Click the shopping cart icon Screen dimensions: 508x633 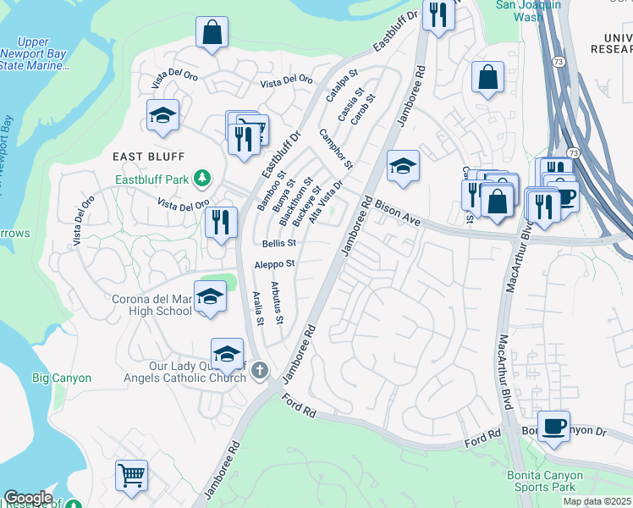pyautogui.click(x=131, y=475)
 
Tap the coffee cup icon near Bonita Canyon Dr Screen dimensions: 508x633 pyautogui.click(x=553, y=426)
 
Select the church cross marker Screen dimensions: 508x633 pyautogui.click(x=260, y=370)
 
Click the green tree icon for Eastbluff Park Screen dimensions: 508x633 pyautogui.click(x=201, y=178)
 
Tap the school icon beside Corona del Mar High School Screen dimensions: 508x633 pyautogui.click(x=210, y=297)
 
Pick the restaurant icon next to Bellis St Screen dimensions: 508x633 pyautogui.click(x=220, y=223)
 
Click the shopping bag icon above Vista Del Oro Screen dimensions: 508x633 pyautogui.click(x=212, y=34)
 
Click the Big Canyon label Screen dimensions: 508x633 pyautogui.click(x=62, y=378)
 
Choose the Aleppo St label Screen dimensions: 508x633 pyautogui.click(x=274, y=264)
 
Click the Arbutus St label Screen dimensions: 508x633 pyautogui.click(x=277, y=302)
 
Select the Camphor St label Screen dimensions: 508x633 pyautogui.click(x=335, y=148)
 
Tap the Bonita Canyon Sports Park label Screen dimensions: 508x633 pyautogui.click(x=553, y=481)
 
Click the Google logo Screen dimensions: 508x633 pyautogui.click(x=28, y=498)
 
